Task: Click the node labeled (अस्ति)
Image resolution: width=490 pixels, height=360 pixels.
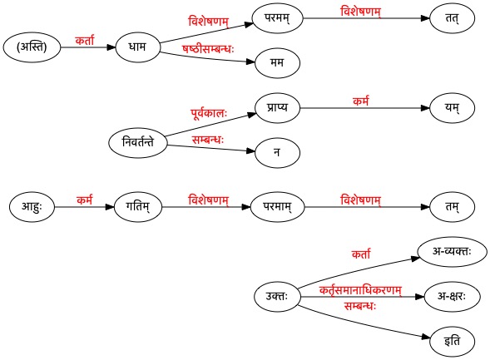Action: (x=32, y=47)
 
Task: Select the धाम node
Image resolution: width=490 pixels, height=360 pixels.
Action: (x=137, y=47)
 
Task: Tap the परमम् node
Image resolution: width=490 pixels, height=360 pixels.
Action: (x=278, y=18)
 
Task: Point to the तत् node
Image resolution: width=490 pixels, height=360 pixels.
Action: (x=453, y=18)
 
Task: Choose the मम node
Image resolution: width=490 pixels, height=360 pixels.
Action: (x=278, y=62)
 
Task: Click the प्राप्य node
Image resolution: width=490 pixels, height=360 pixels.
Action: (x=278, y=108)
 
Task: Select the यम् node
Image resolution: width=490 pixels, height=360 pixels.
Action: (x=453, y=108)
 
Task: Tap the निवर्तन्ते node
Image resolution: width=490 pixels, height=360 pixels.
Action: (x=138, y=143)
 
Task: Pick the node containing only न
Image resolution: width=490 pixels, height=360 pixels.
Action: (x=278, y=153)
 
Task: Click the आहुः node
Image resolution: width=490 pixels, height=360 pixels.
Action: (x=32, y=207)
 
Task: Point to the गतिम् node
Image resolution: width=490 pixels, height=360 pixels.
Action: (x=138, y=207)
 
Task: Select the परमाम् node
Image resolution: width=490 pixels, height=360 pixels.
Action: (x=278, y=207)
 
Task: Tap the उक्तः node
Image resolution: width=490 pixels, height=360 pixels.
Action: (x=277, y=296)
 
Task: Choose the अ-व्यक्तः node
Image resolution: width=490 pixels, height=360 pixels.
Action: (x=453, y=252)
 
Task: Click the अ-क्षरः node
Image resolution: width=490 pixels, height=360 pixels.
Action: (x=453, y=296)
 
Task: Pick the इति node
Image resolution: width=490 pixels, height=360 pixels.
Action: (x=453, y=341)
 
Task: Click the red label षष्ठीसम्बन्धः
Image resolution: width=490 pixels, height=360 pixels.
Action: (x=208, y=49)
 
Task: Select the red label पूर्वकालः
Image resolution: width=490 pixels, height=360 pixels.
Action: (x=209, y=113)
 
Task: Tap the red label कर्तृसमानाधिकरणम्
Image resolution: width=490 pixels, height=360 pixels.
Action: (x=360, y=290)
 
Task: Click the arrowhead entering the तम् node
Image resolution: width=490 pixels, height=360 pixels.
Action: (x=425, y=207)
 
